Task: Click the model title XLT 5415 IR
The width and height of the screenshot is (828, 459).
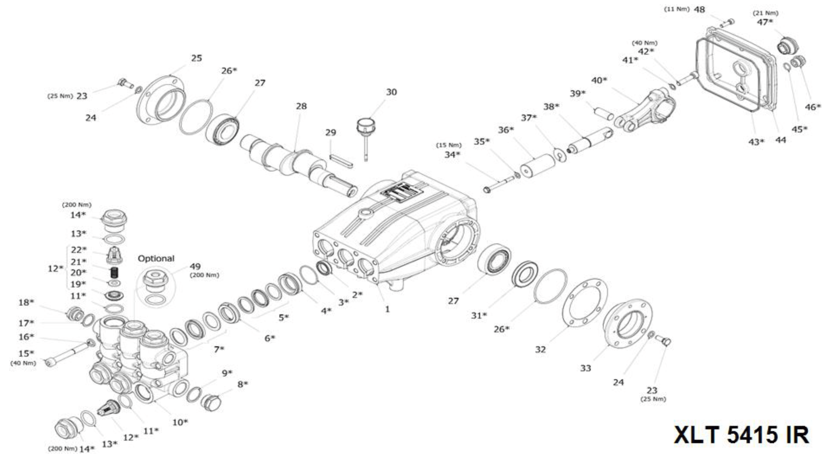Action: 741,435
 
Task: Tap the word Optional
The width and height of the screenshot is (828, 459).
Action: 156,259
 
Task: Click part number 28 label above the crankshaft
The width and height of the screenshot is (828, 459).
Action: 301,106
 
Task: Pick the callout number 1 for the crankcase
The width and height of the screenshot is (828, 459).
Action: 387,309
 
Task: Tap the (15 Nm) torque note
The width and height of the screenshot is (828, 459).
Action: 449,145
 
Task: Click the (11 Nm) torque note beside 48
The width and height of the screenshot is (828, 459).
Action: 676,9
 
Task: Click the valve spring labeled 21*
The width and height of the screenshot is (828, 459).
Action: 114,272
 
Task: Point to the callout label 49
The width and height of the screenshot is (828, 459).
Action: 195,266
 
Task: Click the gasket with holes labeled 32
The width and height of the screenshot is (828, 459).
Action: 584,303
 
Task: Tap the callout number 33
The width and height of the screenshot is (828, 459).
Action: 585,368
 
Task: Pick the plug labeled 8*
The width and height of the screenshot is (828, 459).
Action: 211,402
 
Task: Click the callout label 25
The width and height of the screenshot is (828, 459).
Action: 196,58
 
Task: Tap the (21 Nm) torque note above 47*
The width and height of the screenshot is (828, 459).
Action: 765,13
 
